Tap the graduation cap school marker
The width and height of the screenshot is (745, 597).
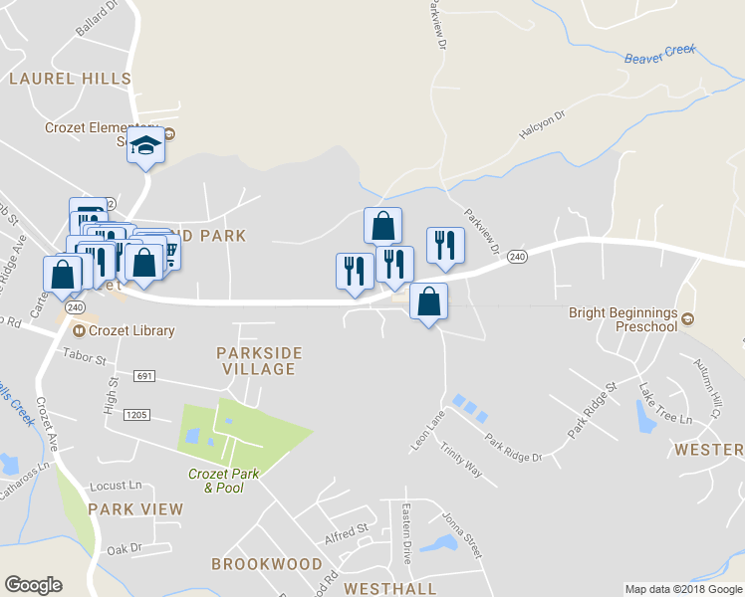point(146,146)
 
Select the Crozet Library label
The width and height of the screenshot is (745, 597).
point(130,331)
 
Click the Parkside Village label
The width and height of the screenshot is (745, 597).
point(259,361)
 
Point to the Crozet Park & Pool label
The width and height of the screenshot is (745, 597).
point(224,481)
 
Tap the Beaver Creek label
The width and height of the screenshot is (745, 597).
point(659,54)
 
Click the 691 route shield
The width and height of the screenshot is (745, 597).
point(145,376)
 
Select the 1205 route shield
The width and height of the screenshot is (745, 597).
point(136,413)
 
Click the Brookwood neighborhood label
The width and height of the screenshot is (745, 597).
point(267,564)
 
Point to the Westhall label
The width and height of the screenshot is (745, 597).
point(390,588)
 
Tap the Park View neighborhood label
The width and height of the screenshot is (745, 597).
point(135,509)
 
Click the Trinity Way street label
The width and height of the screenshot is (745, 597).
point(462,461)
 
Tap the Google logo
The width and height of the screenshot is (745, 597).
point(33,585)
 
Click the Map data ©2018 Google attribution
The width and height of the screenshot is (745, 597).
point(683,589)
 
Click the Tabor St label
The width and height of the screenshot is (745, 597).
point(84,355)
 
